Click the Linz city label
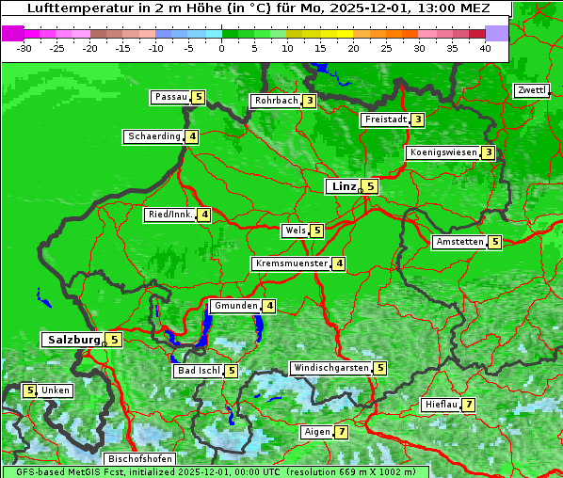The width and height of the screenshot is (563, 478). pos(344,186)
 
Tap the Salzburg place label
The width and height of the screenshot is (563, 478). pos(72,339)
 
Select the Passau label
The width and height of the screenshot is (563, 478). pos(170,97)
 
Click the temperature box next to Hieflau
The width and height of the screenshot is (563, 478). pos(468,405)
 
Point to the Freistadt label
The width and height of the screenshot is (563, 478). pos(385,119)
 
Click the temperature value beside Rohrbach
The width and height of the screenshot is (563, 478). pos(309,101)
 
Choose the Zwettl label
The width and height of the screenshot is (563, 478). pos(531,90)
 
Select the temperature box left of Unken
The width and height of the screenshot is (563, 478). pos(29,390)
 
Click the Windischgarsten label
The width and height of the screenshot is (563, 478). pos(330,368)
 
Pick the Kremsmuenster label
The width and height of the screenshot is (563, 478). pos(291,263)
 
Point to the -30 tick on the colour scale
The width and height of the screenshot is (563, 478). pos(24,48)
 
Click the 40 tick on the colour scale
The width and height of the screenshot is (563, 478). pos(485,48)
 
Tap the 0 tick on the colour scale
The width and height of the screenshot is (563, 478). pos(222,48)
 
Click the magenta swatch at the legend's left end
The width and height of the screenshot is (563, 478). pos(12,33)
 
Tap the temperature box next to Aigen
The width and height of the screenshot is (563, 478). pos(341,432)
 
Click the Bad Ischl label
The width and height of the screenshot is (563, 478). pos(198,371)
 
